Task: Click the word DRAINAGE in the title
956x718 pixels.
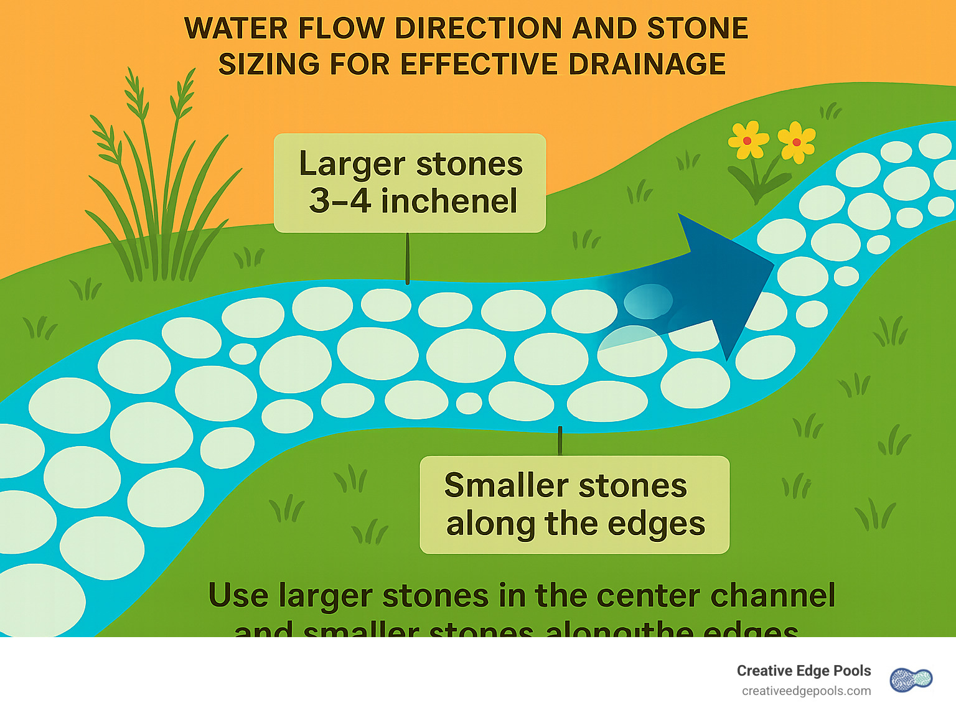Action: coord(647,65)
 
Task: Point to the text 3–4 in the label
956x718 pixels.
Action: coord(340,200)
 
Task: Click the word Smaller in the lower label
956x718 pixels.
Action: coord(499,485)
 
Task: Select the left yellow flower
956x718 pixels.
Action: coord(747,140)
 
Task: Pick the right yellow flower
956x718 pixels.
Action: coord(796,141)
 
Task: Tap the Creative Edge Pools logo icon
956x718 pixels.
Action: coord(911,680)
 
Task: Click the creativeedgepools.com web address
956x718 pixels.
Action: coord(806,691)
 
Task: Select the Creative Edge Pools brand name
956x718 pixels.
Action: coord(804,671)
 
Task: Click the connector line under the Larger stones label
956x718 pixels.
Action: coord(408,258)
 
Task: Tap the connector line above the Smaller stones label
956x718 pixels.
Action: coord(560,441)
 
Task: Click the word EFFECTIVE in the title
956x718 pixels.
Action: coord(480,65)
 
